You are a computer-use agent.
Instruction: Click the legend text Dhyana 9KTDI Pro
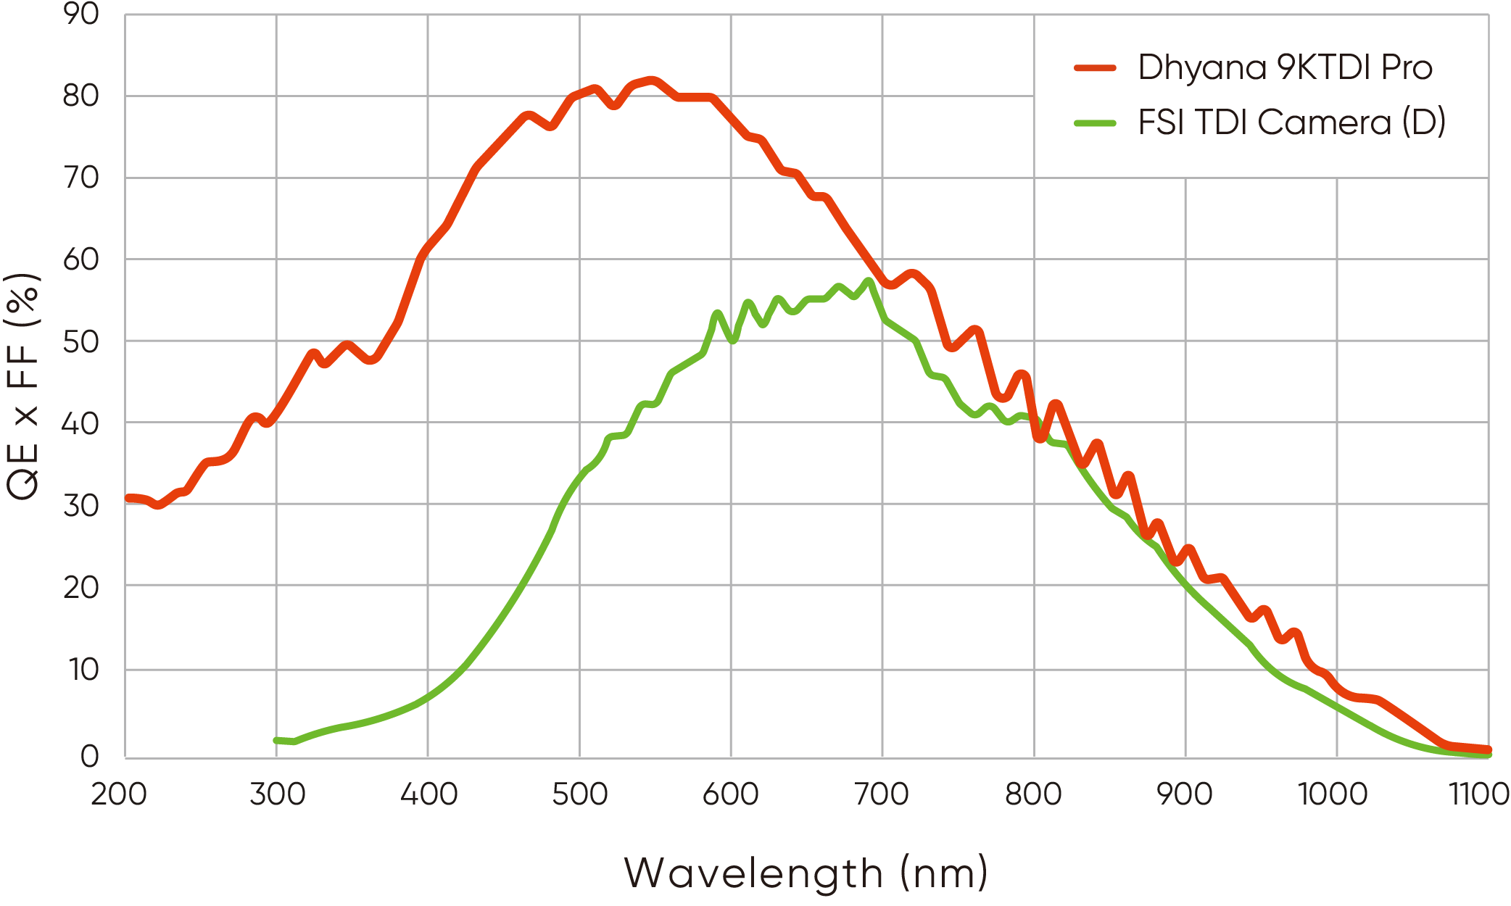[x=1285, y=67]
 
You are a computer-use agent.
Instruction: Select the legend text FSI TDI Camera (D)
[x=1291, y=122]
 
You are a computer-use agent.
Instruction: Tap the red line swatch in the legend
[x=1095, y=68]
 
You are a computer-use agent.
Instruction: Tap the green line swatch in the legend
[x=1095, y=123]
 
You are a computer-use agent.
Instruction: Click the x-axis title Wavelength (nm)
[x=806, y=873]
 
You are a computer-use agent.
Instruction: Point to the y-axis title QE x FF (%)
[x=23, y=386]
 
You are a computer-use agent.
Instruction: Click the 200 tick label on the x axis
[x=119, y=794]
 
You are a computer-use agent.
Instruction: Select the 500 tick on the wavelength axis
[x=579, y=794]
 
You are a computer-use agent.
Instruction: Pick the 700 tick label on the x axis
[x=882, y=794]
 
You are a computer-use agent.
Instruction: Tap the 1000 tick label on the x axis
[x=1333, y=794]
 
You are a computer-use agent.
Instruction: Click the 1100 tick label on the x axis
[x=1479, y=794]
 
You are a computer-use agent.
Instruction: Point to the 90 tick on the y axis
[x=81, y=14]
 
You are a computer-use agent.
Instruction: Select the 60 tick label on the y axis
[x=81, y=259]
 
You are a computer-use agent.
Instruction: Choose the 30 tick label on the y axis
[x=81, y=505]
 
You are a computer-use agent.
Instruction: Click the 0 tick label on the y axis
[x=90, y=756]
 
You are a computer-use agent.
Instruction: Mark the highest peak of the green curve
[x=869, y=280]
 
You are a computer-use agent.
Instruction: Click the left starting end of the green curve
[x=277, y=740]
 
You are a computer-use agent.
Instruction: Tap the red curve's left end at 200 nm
[x=128, y=498]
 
